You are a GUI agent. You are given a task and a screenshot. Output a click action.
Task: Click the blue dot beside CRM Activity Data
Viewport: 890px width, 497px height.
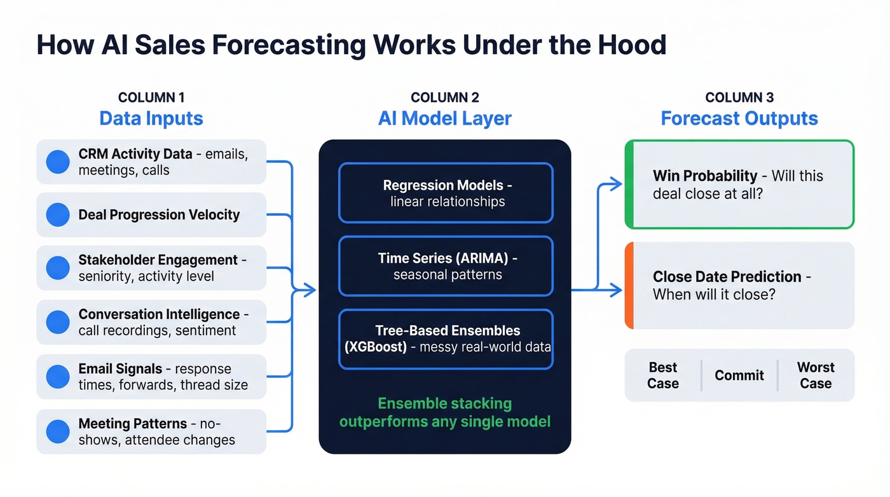(58, 162)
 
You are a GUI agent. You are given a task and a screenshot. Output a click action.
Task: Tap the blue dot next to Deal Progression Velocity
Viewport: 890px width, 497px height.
(58, 215)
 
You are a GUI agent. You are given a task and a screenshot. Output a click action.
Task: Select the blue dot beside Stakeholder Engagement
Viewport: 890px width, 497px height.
(58, 268)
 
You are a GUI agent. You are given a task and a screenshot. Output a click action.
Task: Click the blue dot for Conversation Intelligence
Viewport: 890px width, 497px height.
(58, 322)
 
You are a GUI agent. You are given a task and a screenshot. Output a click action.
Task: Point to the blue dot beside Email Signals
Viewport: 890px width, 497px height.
(58, 377)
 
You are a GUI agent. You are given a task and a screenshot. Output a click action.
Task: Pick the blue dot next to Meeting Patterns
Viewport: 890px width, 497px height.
(58, 431)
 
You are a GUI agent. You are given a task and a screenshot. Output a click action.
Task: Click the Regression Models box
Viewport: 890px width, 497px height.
(446, 193)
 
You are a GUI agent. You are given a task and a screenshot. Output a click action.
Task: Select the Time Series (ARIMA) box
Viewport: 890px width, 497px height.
(446, 266)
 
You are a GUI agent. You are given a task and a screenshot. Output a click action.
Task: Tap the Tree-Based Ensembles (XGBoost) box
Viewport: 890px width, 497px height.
(446, 339)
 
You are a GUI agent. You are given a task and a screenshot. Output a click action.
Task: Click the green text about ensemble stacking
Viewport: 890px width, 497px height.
(445, 412)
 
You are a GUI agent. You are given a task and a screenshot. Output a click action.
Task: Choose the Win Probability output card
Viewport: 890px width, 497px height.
(739, 184)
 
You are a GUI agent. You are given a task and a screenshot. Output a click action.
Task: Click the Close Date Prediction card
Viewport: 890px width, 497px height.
(739, 285)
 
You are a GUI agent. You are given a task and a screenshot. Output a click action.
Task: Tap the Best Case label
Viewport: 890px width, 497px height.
(663, 375)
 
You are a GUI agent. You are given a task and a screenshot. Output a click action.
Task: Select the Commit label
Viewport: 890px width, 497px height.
(739, 375)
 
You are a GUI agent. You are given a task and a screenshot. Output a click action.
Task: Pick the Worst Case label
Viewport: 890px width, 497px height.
(816, 375)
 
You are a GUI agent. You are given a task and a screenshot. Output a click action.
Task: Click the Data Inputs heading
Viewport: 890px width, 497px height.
(151, 118)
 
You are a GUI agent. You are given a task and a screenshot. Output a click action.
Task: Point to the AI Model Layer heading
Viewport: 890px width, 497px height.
(445, 118)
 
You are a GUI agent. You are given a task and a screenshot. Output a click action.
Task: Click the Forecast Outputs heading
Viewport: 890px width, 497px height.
(739, 118)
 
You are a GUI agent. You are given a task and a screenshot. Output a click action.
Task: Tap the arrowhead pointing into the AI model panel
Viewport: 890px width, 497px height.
(310, 291)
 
